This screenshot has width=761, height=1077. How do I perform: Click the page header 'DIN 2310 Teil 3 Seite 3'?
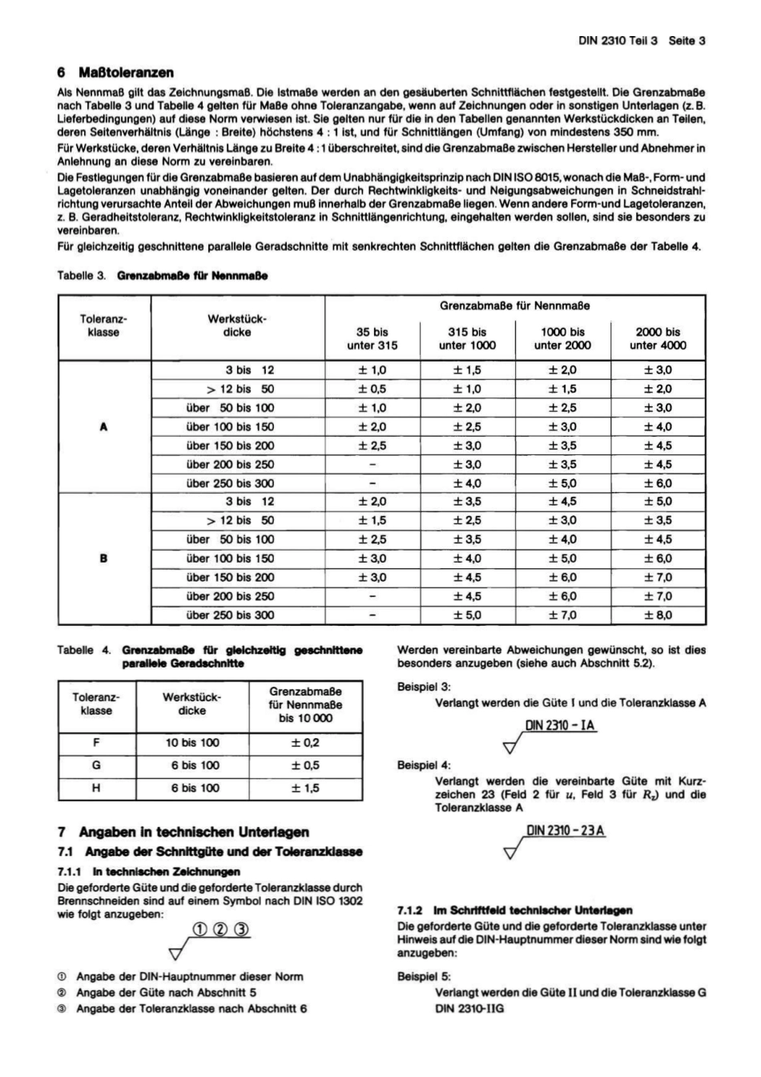641,40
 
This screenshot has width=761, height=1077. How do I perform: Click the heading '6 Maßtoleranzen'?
115,73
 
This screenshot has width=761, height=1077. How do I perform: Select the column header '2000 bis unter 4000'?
658,338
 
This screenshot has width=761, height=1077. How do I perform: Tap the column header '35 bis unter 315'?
372,338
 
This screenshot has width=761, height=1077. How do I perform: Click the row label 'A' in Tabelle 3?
103,427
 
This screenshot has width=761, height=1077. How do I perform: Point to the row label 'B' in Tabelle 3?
103,559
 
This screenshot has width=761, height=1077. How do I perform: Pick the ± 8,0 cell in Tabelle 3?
658,615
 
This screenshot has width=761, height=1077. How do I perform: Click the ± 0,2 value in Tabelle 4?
304,743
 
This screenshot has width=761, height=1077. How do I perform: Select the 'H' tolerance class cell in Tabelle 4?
96,788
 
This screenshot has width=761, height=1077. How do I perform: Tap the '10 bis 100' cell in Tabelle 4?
192,743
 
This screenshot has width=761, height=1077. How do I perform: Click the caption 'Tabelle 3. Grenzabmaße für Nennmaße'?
162,276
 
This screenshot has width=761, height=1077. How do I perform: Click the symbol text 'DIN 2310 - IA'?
560,727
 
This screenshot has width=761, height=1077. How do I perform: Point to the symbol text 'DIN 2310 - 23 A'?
566,831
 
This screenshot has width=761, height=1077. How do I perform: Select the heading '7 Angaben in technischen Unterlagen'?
183,833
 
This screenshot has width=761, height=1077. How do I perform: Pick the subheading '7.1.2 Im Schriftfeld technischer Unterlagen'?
515,910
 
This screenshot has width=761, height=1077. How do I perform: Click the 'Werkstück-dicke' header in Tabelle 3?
237,325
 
